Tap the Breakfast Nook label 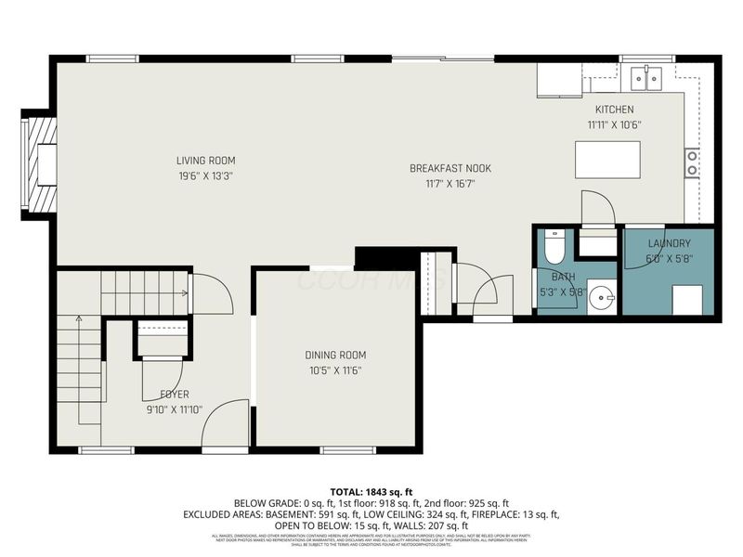coord(450,168)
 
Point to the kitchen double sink coord(647,78)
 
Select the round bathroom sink coord(603,299)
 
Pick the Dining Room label coord(335,355)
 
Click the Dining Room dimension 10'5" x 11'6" coord(335,370)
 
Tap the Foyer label coord(175,394)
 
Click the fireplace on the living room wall coord(41,163)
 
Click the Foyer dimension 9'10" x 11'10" coord(175,409)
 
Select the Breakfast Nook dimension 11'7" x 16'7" coord(450,184)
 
